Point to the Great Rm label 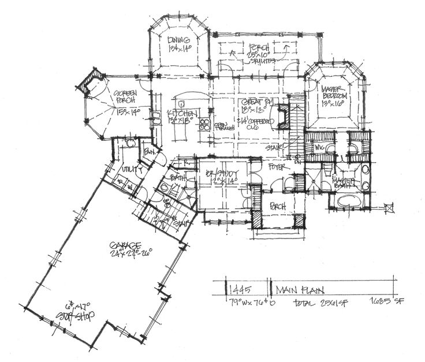click(x=255, y=103)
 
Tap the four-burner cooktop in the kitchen click(x=204, y=122)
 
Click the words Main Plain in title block click(x=296, y=289)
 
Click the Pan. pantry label click(x=150, y=152)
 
